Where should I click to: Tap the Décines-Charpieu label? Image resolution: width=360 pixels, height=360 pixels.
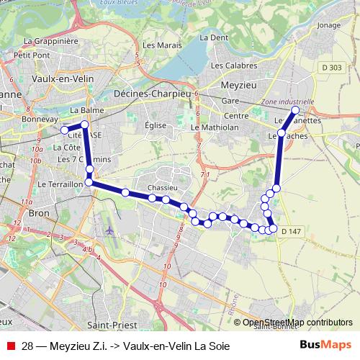(151, 94)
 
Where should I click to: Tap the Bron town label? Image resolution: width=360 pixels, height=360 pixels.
(37, 213)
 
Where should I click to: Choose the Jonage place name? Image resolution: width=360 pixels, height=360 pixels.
(328, 25)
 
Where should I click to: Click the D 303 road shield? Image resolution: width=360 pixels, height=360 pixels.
(333, 67)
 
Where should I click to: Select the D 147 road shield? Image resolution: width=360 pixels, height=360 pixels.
(292, 230)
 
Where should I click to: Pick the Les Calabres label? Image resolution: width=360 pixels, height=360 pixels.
(230, 66)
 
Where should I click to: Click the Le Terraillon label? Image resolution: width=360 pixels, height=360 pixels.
(60, 184)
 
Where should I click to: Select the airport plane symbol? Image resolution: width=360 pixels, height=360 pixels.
(109, 231)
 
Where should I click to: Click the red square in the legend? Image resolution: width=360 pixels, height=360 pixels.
(11, 346)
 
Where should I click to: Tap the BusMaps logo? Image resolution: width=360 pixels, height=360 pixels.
(325, 346)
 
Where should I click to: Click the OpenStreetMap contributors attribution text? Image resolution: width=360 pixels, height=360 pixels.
(297, 323)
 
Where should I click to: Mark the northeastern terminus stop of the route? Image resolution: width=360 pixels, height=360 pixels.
(294, 110)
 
